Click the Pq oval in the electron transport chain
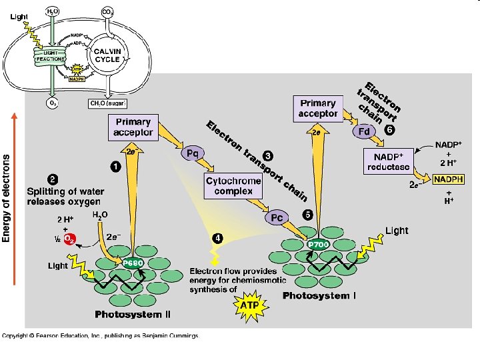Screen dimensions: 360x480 click(191, 153)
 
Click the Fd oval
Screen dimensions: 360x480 click(365, 131)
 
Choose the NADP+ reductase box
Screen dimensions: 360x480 click(387, 161)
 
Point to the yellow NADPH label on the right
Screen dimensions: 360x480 click(449, 179)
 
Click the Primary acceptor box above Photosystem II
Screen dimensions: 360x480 click(133, 127)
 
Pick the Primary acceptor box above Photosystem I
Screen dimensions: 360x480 click(317, 109)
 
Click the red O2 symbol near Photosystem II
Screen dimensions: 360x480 click(70, 241)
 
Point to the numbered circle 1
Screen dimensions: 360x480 click(115, 167)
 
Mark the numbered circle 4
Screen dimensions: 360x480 click(218, 237)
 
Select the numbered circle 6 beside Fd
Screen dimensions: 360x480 click(389, 130)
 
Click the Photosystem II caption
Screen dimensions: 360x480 click(133, 315)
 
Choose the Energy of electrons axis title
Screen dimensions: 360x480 click(7, 198)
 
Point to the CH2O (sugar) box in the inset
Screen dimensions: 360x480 click(107, 103)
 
